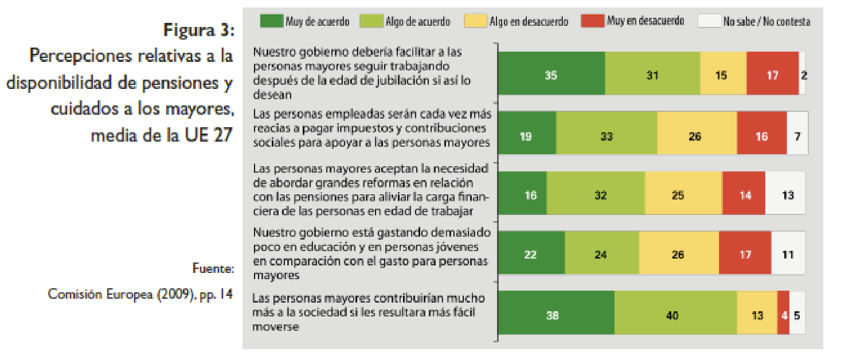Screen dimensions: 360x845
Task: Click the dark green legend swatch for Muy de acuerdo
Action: [272, 21]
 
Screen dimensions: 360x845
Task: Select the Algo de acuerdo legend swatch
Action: [371, 21]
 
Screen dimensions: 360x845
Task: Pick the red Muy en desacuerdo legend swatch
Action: [592, 21]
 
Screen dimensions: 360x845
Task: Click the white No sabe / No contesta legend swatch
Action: [709, 21]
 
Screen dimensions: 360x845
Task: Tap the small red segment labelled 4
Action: [783, 315]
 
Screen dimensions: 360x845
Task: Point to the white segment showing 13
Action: [787, 195]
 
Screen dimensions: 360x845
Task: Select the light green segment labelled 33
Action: [606, 136]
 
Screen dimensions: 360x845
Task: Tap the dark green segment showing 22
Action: [531, 255]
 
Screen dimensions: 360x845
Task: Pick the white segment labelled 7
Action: [797, 136]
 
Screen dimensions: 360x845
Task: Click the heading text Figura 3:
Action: [198, 30]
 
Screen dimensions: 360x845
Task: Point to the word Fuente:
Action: [214, 268]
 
